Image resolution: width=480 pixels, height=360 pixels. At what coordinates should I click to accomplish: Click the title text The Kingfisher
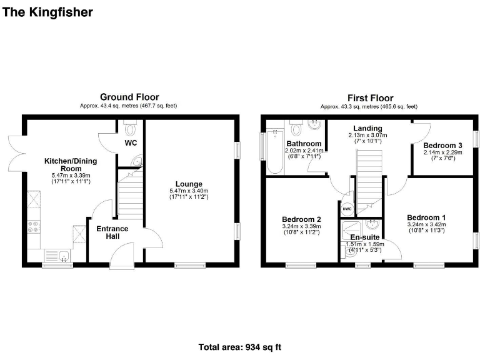pyautogui.click(x=48, y=12)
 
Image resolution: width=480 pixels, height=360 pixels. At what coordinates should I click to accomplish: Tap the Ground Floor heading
pyautogui.click(x=129, y=97)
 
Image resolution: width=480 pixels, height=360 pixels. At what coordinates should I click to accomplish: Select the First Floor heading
pyautogui.click(x=370, y=97)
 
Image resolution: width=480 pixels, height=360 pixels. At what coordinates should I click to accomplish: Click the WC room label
pyautogui.click(x=131, y=143)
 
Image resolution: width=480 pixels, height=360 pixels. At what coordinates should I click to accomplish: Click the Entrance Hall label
pyautogui.click(x=112, y=232)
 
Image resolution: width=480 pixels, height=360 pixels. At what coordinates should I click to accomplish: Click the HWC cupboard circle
pyautogui.click(x=346, y=209)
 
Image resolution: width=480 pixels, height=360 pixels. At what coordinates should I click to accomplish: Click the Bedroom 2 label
pyautogui.click(x=301, y=219)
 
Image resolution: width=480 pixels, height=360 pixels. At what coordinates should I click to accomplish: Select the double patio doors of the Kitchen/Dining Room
pyautogui.click(x=16, y=153)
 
